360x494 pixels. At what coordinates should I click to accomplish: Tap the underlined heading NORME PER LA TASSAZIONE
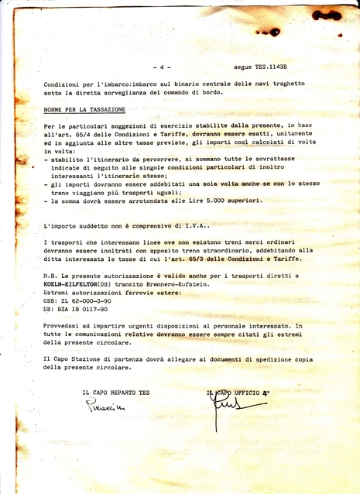pos(84,110)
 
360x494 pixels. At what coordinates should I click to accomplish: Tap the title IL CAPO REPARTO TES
pos(116,393)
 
